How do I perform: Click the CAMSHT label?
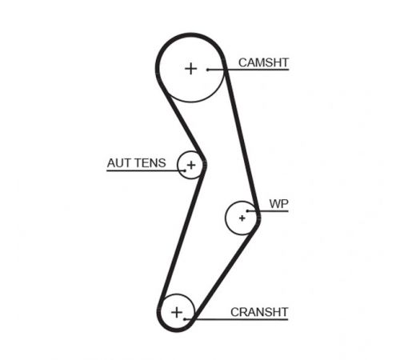[263, 62]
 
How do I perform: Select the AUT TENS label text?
[136, 163]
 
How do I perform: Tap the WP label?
[278, 204]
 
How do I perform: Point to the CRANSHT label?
[259, 312]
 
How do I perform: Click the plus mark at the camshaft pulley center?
[191, 69]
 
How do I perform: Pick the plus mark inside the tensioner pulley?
[191, 166]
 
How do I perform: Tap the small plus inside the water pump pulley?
[242, 218]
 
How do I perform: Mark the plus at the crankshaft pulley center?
[177, 312]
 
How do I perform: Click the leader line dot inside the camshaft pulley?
[208, 70]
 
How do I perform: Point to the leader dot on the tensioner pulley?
[185, 170]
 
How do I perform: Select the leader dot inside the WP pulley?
[247, 211]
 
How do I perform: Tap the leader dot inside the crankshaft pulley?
[185, 319]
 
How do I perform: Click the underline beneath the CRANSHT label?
[237, 319]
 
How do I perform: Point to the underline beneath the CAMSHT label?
[248, 70]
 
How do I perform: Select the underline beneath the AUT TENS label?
[146, 170]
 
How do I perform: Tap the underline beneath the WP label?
[268, 211]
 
